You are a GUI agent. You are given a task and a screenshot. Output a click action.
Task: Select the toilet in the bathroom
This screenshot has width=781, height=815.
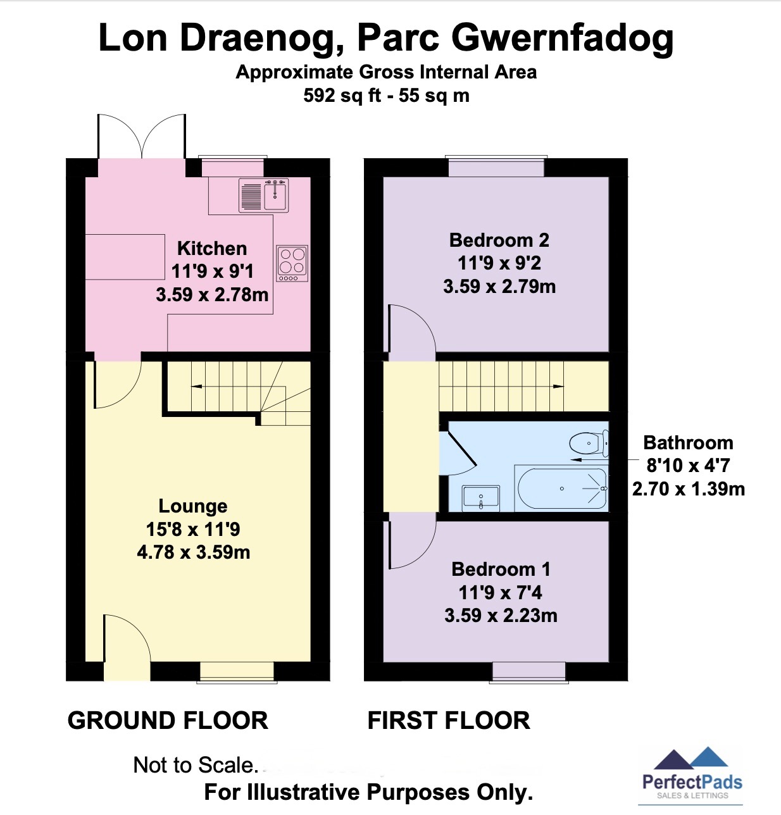pyautogui.click(x=589, y=442)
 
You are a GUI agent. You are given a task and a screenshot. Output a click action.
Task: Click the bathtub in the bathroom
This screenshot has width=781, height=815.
pyautogui.click(x=561, y=488)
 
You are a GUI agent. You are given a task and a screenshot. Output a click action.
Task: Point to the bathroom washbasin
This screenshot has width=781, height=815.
pyautogui.click(x=481, y=497)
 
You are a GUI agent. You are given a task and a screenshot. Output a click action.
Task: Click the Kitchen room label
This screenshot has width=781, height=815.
pyautogui.click(x=212, y=248)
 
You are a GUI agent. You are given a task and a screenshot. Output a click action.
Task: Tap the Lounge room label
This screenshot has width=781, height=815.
pyautogui.click(x=193, y=506)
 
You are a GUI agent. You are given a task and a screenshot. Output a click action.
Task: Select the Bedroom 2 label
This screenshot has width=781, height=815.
pyautogui.click(x=499, y=240)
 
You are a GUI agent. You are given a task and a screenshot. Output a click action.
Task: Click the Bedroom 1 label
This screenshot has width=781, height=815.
pyautogui.click(x=501, y=569)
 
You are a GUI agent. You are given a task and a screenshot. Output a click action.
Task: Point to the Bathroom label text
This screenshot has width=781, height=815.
pyautogui.click(x=688, y=443)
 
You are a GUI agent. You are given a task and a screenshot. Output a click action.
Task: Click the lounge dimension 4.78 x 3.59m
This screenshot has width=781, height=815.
pyautogui.click(x=194, y=552)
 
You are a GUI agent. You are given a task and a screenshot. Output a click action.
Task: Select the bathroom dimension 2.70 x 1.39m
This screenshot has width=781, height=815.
pyautogui.click(x=689, y=489)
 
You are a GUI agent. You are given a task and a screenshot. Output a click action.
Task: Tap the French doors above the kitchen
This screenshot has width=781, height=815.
pyautogui.click(x=142, y=137)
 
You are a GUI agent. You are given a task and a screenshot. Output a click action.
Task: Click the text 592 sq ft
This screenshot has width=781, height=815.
pyautogui.click(x=342, y=96)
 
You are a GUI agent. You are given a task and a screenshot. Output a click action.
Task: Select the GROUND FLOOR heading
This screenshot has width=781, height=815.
pyautogui.click(x=168, y=721)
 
